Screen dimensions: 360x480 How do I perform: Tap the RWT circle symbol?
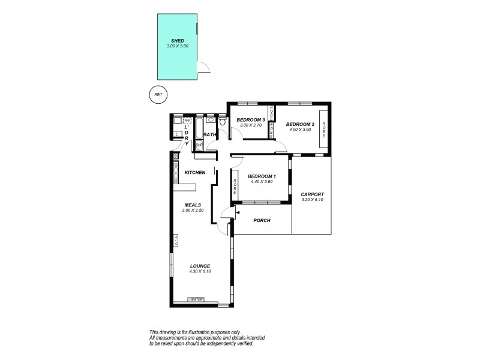tap(158, 95)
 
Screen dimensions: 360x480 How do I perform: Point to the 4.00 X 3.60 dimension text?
tap(300, 130)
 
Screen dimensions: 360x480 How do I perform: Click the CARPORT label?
tap(312, 194)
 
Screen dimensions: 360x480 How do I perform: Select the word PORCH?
tap(262, 221)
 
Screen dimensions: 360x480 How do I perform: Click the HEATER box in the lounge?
tap(196, 299)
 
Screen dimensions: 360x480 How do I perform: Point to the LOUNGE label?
tap(199, 266)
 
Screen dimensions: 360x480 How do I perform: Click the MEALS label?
tap(193, 205)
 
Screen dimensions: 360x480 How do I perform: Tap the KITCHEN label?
tap(195, 173)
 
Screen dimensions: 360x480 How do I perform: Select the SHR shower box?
tap(199, 145)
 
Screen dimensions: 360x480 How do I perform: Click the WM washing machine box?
tap(187, 121)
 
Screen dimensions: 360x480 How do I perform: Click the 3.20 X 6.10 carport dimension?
tap(312, 200)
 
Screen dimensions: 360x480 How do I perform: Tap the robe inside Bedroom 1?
tap(235, 187)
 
